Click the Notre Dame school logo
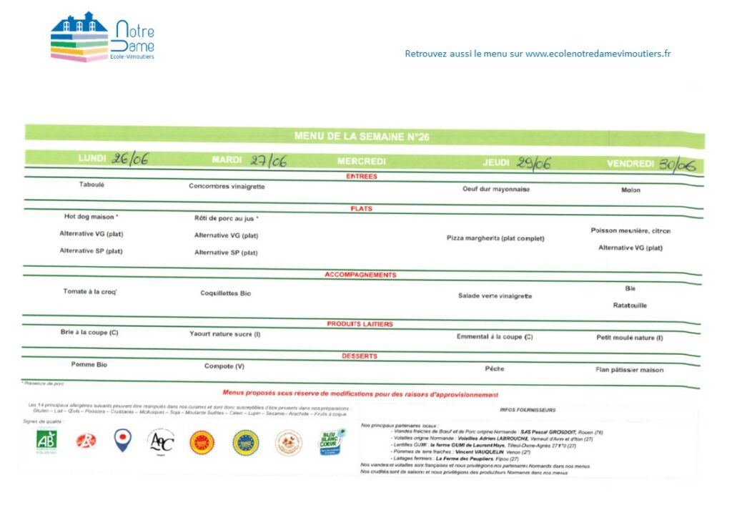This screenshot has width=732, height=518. pos(102,36)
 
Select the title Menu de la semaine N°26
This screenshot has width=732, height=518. pos(362,137)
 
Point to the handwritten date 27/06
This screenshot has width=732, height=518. pos(268,161)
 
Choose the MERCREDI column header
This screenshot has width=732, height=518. pos(362,161)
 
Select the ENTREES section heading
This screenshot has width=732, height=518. pos(362,176)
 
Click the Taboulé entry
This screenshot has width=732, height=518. pos(91,185)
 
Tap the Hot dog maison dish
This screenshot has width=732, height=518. pos(91,216)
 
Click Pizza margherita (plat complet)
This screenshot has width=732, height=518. pos(495,238)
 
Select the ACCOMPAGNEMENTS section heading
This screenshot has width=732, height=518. pos(360,275)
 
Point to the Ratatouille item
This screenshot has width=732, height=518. pos(630,306)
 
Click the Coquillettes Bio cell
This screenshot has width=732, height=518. pos(226,293)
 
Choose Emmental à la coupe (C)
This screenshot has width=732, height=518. pos(495,336)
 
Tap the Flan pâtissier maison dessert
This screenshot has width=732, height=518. pos(629,370)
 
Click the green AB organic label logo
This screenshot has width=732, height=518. pos(46,441)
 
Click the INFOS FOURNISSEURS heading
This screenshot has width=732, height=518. pos(528,410)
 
